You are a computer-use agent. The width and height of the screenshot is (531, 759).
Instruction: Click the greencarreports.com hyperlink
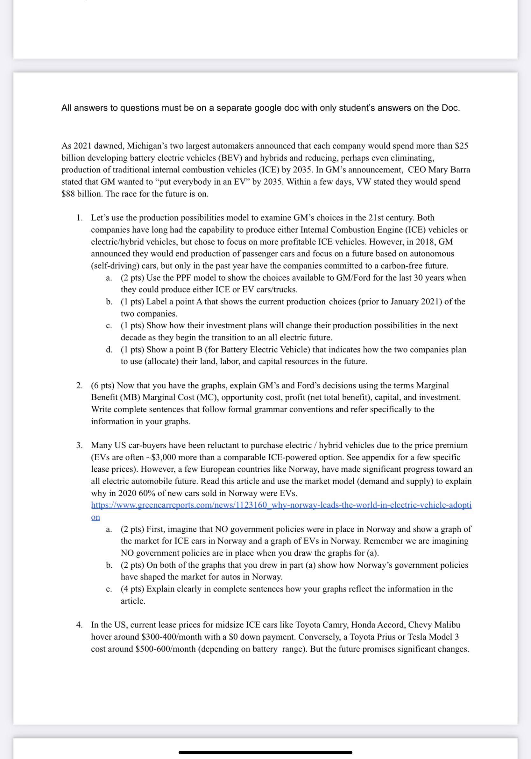click(281, 505)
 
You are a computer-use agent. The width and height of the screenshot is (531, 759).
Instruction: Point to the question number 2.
click(79, 386)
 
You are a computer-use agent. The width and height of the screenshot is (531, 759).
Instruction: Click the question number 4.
click(79, 625)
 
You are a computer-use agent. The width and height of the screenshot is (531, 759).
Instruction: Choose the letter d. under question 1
click(109, 349)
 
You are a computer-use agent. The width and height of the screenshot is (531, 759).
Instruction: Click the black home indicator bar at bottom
click(265, 752)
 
